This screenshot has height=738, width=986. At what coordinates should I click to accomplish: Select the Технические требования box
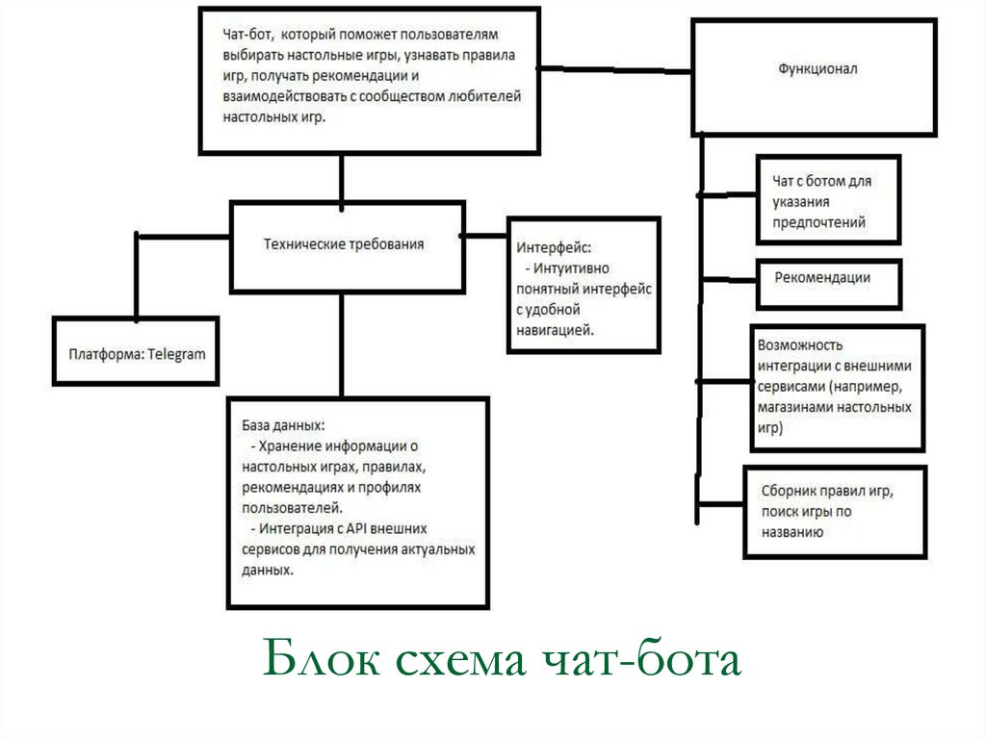344,244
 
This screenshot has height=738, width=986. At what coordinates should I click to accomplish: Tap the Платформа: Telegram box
137,353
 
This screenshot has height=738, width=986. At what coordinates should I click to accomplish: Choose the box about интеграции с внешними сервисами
835,387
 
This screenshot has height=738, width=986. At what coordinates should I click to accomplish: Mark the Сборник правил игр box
834,510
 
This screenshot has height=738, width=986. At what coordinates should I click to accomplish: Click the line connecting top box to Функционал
615,69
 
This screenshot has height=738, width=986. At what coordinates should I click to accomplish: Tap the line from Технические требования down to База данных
342,344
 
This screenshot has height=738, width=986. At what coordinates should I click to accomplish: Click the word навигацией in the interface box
553,329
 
